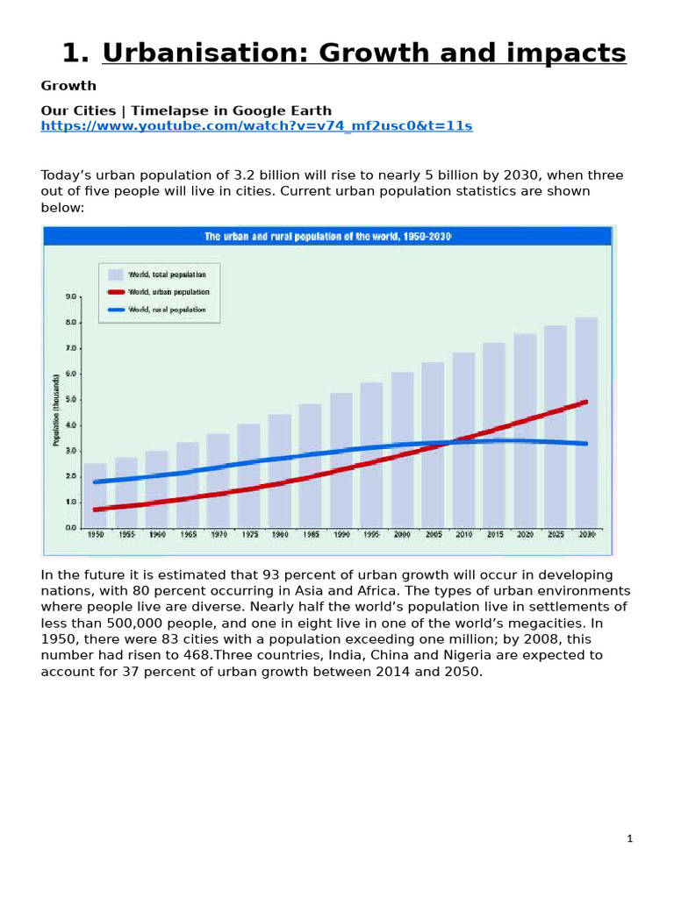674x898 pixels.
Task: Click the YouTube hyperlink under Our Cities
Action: click(x=256, y=126)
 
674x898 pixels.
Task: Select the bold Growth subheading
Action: click(x=68, y=86)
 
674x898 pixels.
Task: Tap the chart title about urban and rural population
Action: click(x=328, y=237)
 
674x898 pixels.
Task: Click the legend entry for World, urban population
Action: click(x=169, y=292)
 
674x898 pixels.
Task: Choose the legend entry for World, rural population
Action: click(x=168, y=310)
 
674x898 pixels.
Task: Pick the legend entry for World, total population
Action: click(x=167, y=274)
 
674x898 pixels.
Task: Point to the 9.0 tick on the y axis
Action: click(x=71, y=297)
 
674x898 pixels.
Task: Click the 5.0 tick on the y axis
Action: click(x=71, y=400)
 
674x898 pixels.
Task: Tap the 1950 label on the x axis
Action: click(x=95, y=534)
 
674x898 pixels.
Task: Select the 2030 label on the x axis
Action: click(x=586, y=534)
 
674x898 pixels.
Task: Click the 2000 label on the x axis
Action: click(x=402, y=534)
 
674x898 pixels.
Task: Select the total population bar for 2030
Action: click(x=586, y=421)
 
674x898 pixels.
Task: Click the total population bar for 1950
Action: click(x=95, y=495)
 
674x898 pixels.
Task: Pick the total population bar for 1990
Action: click(x=341, y=460)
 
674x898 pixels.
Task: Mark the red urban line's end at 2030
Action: click(x=585, y=402)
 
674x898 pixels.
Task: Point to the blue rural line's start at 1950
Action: click(x=95, y=481)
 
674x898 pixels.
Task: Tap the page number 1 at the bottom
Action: click(x=630, y=839)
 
